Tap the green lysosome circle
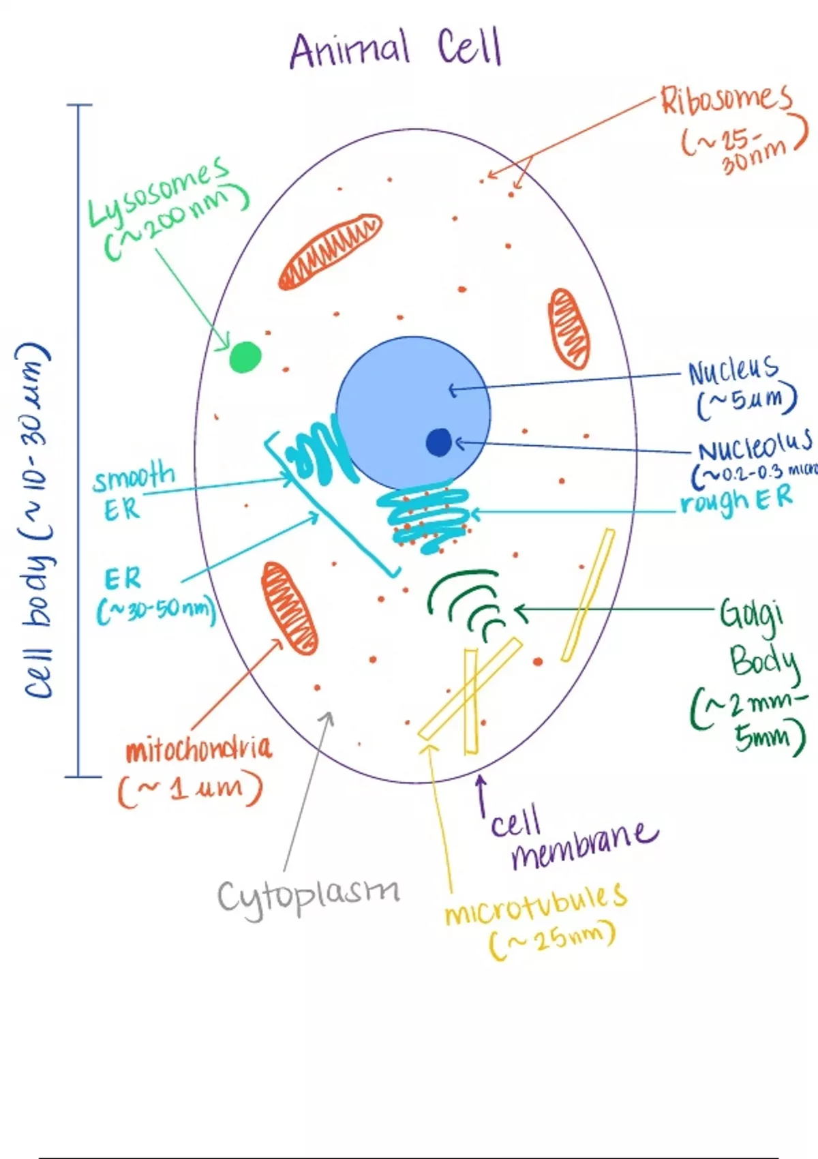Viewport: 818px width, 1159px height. click(x=245, y=357)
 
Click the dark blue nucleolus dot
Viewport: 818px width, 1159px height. click(x=439, y=442)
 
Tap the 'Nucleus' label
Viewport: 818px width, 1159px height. click(x=733, y=370)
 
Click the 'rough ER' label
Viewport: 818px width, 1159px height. click(x=737, y=501)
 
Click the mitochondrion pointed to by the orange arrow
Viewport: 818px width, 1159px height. click(x=289, y=607)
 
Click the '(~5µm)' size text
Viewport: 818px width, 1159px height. click(x=746, y=402)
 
